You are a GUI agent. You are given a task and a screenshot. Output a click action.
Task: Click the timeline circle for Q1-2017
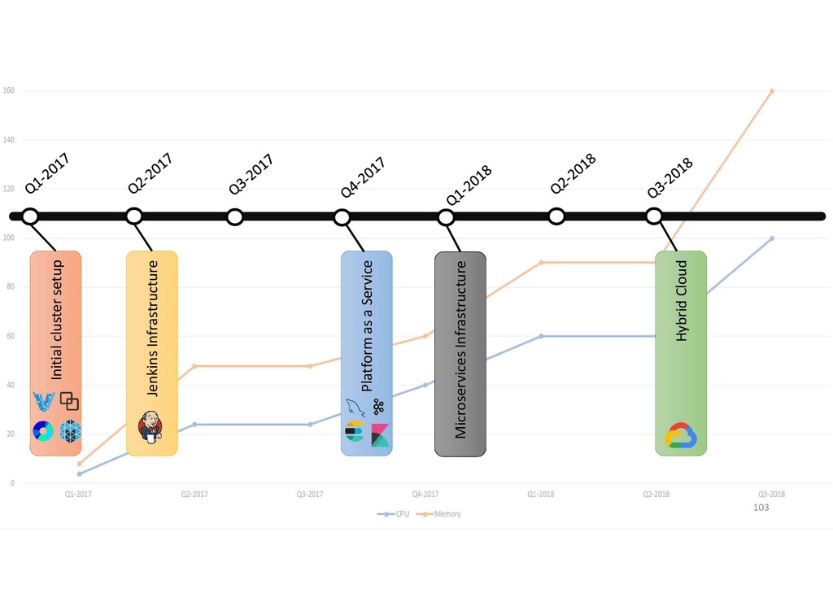30,216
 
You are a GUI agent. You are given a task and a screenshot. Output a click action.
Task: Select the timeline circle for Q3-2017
235,217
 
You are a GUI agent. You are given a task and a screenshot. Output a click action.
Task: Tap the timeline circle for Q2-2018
556,216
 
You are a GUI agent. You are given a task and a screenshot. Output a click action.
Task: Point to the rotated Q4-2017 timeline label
363,177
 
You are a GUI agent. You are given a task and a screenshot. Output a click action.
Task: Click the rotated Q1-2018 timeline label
469,185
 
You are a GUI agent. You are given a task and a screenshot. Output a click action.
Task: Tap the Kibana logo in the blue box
380,435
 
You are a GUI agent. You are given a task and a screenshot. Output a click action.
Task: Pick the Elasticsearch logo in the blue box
355,432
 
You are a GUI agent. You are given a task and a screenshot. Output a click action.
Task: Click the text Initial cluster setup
56,320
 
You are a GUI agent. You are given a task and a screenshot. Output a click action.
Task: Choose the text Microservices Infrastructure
460,349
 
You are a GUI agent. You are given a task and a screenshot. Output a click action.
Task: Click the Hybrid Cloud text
682,300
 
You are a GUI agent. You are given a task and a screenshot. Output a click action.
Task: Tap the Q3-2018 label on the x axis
771,494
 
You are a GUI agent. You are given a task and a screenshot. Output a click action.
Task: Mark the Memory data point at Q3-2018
771,91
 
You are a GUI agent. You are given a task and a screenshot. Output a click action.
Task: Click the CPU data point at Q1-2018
541,336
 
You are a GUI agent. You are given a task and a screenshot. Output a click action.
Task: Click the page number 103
761,507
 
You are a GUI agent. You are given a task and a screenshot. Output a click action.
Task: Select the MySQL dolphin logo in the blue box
355,408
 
